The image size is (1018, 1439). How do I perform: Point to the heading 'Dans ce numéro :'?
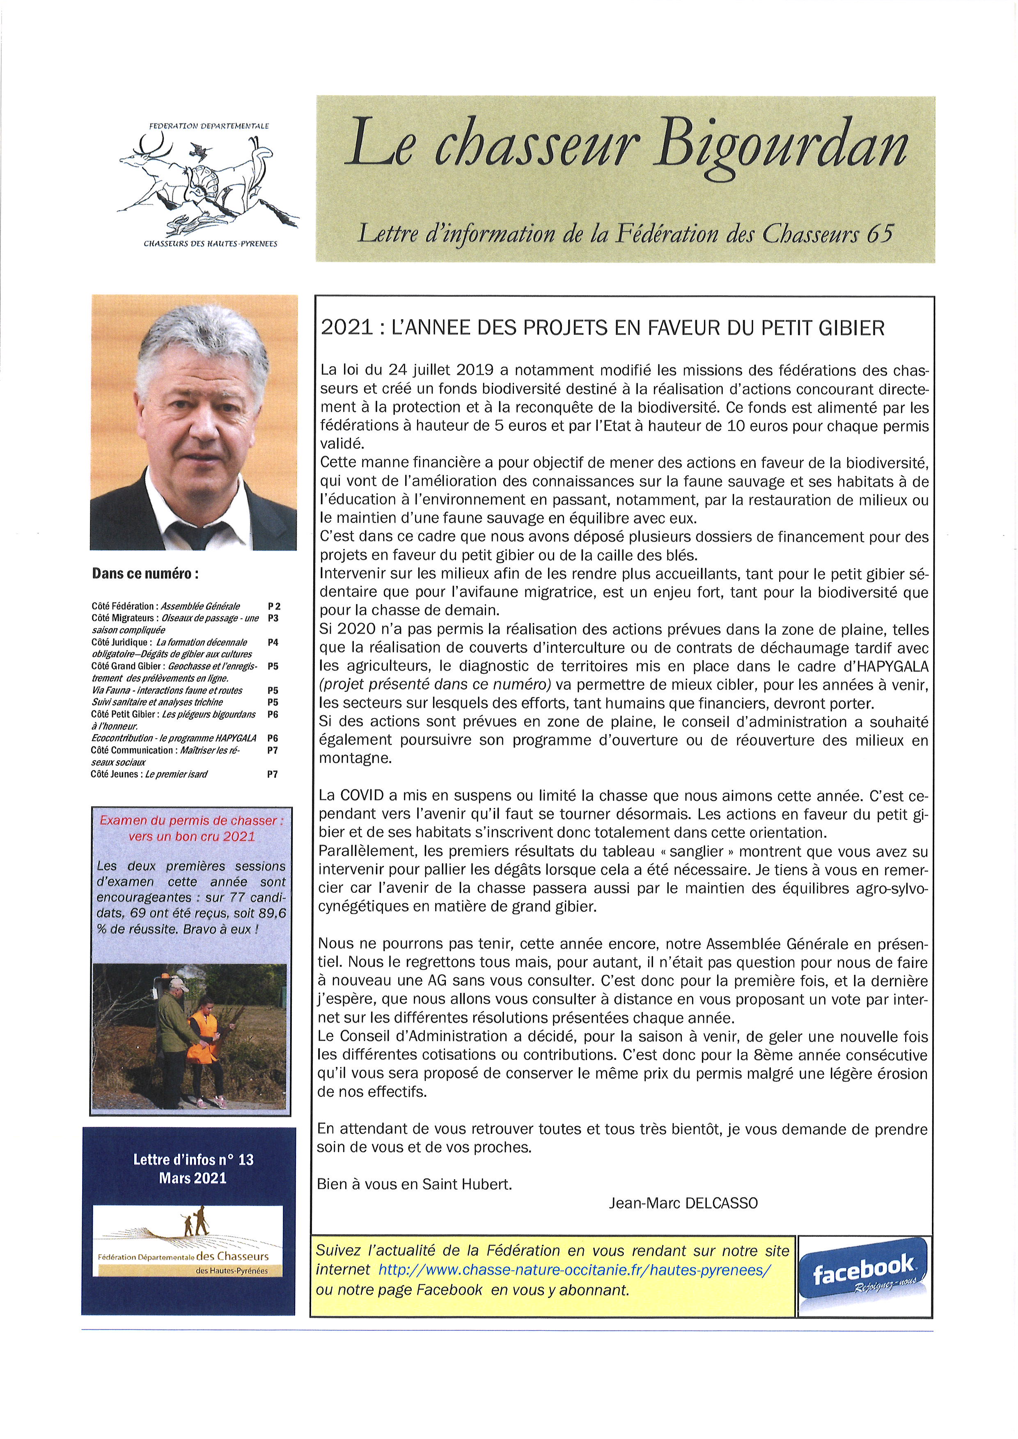[x=145, y=574]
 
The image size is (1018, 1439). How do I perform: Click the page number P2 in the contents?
[x=274, y=606]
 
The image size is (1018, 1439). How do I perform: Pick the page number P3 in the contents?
[x=273, y=618]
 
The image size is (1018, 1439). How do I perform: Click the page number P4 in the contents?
[x=273, y=643]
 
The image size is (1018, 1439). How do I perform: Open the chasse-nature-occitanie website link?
[x=574, y=1270]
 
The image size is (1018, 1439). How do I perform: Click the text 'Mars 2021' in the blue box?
[x=193, y=1178]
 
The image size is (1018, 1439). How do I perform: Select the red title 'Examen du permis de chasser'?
[x=191, y=820]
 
